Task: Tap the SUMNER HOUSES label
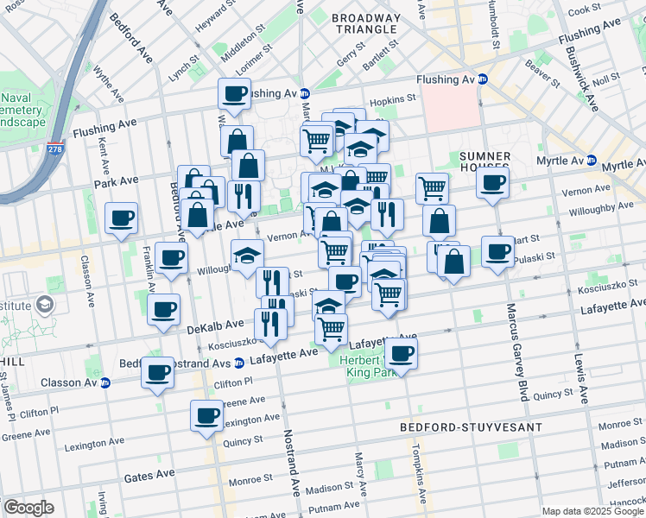[485, 161]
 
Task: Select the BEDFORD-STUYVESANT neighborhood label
[471, 427]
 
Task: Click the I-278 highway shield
[54, 126]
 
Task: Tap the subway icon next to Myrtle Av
[592, 161]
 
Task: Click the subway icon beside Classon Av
[105, 382]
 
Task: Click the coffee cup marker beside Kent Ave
[122, 218]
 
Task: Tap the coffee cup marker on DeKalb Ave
[163, 309]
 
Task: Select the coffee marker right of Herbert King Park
[401, 351]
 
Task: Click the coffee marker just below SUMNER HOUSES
[492, 182]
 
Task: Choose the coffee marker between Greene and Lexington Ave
[207, 414]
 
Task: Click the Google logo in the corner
[28, 508]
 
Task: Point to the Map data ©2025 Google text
[592, 511]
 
